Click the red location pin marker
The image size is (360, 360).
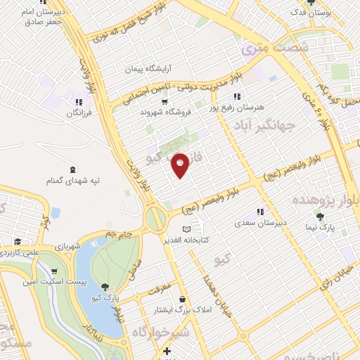181,165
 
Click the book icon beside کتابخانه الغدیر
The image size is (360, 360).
186,229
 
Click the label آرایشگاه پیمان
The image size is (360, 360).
148,70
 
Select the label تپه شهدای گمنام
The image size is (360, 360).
75,181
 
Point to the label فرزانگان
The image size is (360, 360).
84,112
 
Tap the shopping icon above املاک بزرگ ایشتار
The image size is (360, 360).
182,299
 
